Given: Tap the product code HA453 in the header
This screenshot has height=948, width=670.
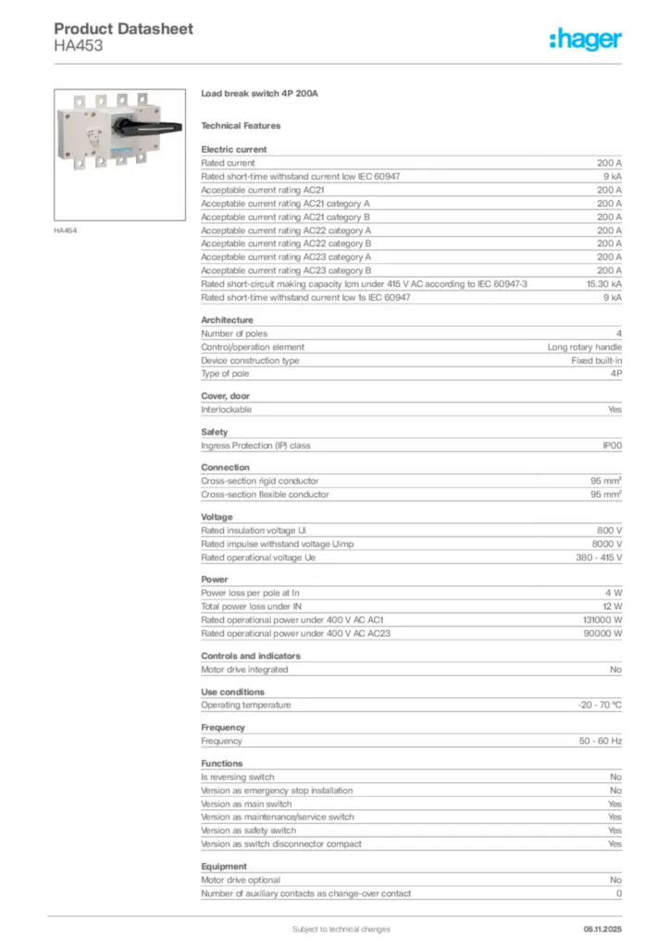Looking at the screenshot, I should click(x=79, y=45).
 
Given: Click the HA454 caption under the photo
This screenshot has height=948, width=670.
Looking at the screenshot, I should click(x=65, y=231).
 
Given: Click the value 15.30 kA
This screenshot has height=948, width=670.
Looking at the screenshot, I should click(x=603, y=284).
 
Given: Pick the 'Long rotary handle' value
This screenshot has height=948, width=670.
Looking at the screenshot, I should click(x=584, y=347).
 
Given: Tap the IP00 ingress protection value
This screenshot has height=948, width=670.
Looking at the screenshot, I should click(x=612, y=445).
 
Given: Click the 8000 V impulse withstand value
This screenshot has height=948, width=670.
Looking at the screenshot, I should click(x=606, y=544).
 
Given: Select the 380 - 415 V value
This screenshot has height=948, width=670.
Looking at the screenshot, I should click(x=599, y=558).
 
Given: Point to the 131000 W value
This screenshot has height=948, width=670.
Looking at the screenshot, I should click(x=602, y=620).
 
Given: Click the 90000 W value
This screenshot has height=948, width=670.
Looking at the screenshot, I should click(x=603, y=633).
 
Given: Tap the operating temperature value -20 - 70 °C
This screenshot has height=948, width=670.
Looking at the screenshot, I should click(x=599, y=705).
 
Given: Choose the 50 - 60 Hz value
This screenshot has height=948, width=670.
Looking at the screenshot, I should click(x=601, y=741).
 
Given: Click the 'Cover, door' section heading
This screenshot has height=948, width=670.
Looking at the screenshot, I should click(x=226, y=396).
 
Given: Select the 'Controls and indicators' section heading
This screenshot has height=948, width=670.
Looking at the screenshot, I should click(x=251, y=656).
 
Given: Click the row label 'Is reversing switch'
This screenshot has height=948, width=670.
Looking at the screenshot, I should click(x=238, y=778).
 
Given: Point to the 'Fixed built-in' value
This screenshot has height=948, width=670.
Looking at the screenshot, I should click(x=596, y=361).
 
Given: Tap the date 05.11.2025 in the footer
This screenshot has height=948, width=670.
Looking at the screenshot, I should click(x=602, y=929).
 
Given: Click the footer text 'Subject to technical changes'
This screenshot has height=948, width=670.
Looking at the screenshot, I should click(x=341, y=929).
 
